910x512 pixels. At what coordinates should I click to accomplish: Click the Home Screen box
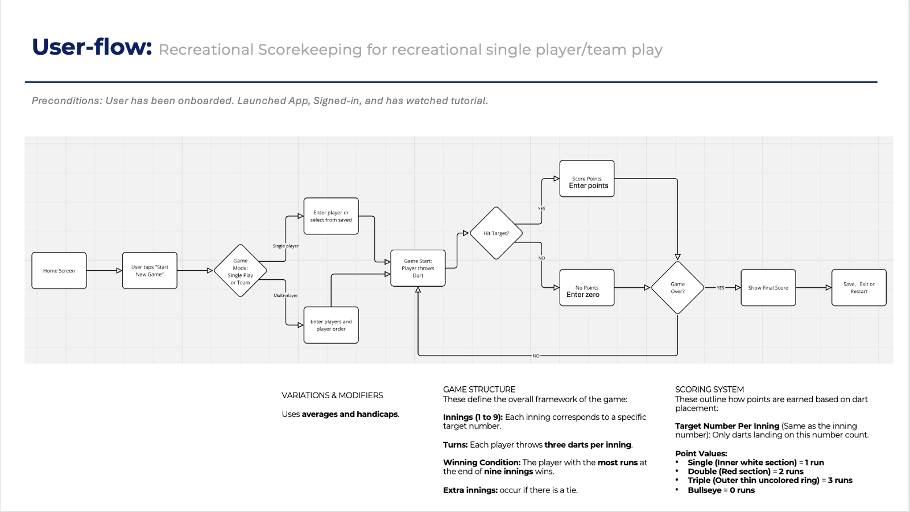pos(59,271)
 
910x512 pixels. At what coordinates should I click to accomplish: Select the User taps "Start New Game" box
pos(150,271)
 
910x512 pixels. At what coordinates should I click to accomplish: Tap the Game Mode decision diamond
pos(241,271)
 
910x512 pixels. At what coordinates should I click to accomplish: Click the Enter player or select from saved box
pos(331,216)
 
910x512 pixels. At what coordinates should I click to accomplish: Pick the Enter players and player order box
pos(331,325)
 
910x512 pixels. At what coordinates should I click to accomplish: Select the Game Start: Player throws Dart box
pos(418,268)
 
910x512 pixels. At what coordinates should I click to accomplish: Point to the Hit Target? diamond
pos(497,233)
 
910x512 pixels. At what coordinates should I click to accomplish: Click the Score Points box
pos(587,179)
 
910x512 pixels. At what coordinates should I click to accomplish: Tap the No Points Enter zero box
pos(587,288)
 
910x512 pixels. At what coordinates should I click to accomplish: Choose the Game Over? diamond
pos(677,288)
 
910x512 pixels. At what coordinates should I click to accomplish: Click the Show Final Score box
pos(768,288)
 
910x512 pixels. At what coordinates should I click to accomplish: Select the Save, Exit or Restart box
pos(859,288)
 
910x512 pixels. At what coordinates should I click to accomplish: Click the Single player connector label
pos(286,246)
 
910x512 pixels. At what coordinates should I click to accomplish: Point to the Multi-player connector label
pos(286,296)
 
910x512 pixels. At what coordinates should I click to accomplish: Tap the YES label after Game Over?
pos(721,288)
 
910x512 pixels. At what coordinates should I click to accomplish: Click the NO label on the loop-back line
pos(536,356)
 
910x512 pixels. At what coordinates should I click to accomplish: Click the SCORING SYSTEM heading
pos(709,390)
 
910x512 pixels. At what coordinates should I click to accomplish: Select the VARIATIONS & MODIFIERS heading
pos(332,395)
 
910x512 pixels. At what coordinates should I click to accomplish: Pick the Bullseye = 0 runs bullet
pos(721,490)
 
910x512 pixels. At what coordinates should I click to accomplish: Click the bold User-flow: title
pos(92,47)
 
